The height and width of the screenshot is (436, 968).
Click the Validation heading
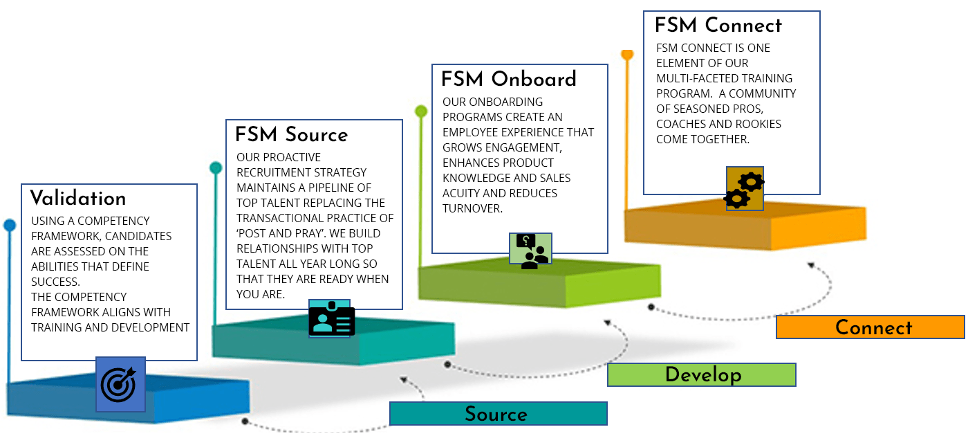[78, 199]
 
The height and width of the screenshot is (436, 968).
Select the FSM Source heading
[291, 134]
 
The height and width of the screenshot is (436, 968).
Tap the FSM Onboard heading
[509, 79]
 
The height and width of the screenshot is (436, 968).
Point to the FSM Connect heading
[718, 26]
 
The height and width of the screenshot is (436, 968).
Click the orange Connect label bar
[870, 327]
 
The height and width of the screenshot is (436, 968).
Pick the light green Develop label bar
[701, 374]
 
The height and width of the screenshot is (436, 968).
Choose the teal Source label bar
[498, 414]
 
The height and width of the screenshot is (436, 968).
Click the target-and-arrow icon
[120, 384]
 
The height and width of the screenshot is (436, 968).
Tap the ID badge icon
[332, 319]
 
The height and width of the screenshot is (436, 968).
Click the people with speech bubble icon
[531, 250]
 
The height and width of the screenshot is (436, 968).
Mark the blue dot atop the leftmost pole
[9, 225]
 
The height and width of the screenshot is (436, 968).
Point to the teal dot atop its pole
[216, 167]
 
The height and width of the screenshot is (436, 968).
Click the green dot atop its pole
[421, 111]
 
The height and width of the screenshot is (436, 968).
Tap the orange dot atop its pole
[627, 53]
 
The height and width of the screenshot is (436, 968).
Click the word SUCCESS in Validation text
[55, 282]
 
